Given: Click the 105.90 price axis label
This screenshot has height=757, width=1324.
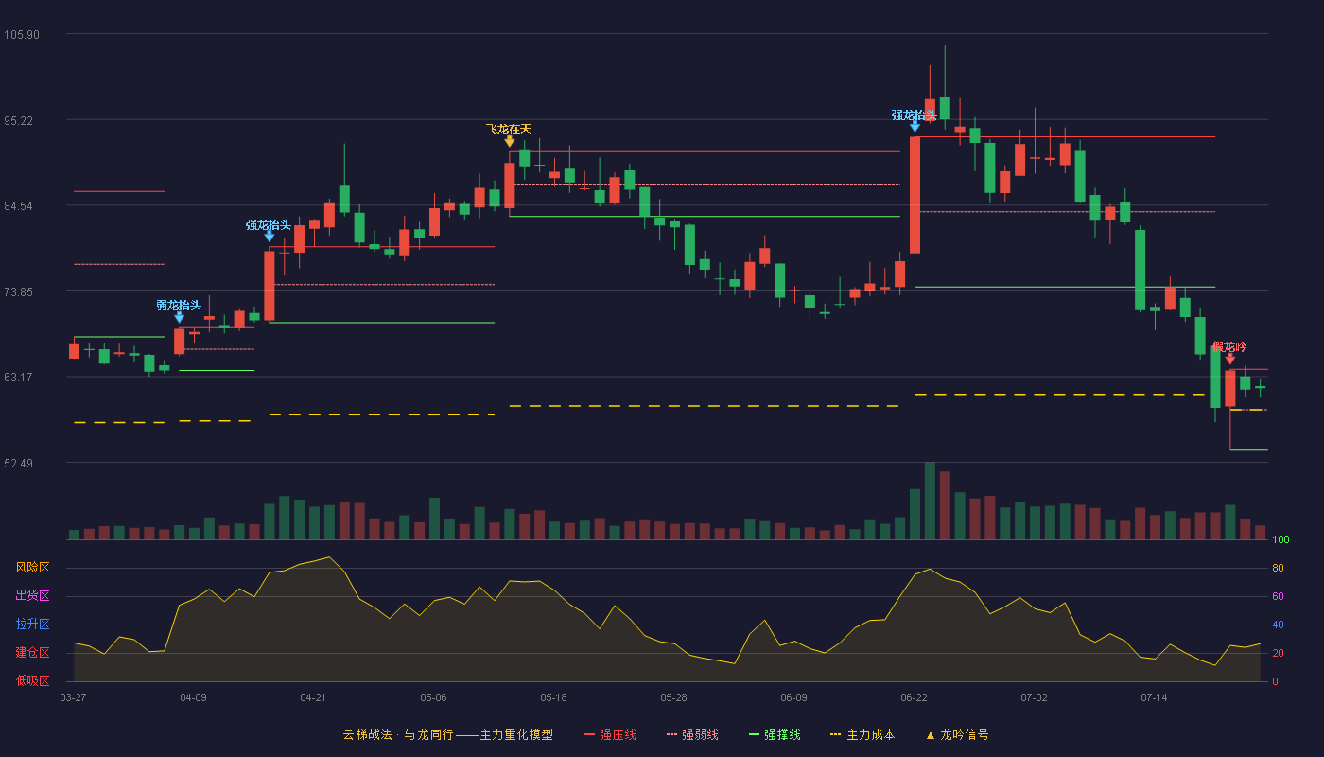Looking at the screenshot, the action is (22, 35).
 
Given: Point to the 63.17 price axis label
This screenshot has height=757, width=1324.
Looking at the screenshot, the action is (18, 378).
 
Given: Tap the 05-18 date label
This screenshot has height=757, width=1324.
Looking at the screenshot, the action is (553, 698).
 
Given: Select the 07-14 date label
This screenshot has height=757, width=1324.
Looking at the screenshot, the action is (1154, 698).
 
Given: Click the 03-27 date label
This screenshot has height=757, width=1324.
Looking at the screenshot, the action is (74, 698).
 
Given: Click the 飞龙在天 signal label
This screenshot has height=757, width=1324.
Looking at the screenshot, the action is (509, 129).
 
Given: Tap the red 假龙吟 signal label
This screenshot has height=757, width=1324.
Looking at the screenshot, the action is (1229, 347).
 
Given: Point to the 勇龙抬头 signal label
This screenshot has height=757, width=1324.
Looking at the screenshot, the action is (179, 305).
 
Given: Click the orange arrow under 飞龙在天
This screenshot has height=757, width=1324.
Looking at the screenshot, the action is (510, 141).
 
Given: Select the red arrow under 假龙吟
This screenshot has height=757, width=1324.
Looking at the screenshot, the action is (1230, 359).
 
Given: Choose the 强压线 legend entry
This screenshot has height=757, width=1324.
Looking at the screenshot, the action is (610, 734).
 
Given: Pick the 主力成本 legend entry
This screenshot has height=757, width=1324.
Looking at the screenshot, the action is (862, 734).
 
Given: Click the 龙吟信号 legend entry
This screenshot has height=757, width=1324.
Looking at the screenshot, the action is (957, 734).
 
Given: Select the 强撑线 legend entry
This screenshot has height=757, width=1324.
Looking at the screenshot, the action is (775, 734).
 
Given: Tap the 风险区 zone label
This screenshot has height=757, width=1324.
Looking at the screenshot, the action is (32, 568).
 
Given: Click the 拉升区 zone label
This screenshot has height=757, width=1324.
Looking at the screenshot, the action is (32, 625).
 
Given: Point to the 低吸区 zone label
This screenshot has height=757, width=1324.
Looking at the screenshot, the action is (32, 681).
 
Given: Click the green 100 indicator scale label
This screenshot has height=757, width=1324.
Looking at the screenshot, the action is (1280, 539).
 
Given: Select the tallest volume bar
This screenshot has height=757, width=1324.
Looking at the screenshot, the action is (930, 501).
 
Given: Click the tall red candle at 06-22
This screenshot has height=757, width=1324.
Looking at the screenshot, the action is (915, 195).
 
